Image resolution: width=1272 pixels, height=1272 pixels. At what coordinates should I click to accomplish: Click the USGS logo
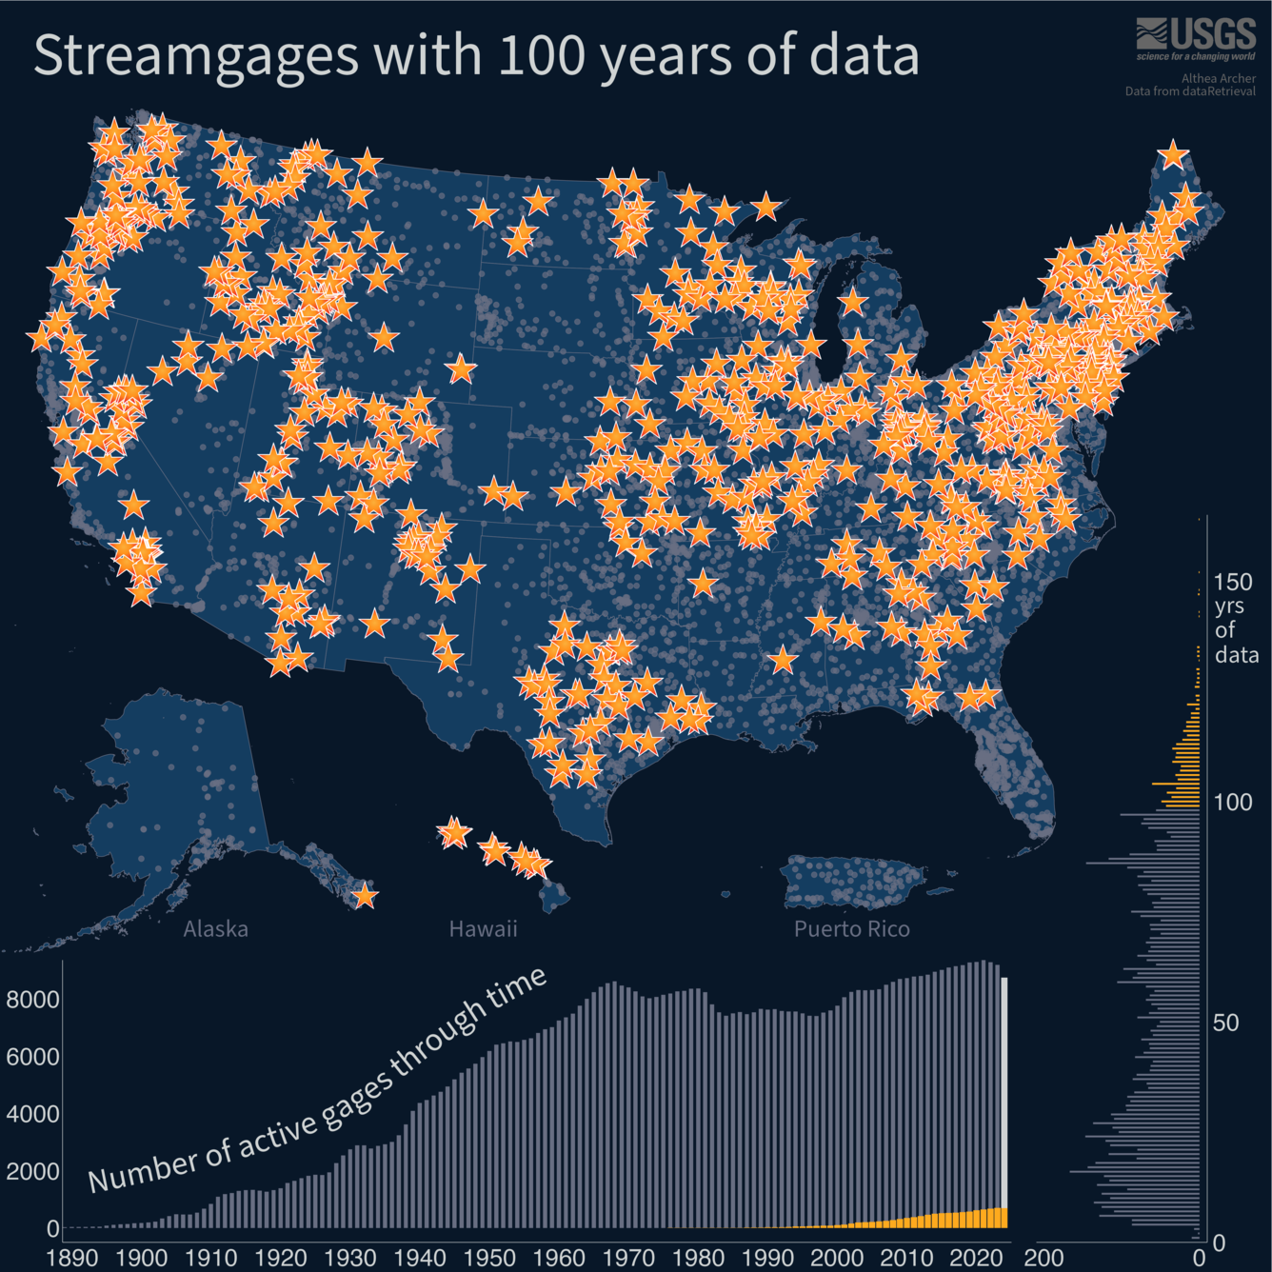[x=1196, y=38]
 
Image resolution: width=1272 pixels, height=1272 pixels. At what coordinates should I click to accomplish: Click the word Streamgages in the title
[x=196, y=55]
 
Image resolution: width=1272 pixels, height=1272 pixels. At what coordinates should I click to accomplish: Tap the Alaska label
[x=215, y=928]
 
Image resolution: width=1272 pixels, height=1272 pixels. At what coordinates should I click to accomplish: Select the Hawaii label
[x=483, y=928]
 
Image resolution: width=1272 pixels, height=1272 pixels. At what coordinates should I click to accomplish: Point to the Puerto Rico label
[x=851, y=928]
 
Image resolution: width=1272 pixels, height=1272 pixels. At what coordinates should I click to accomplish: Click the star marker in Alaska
[x=364, y=896]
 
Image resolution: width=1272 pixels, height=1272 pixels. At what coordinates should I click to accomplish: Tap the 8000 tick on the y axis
[x=33, y=1000]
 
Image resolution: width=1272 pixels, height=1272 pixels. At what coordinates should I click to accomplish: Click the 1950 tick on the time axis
[x=489, y=1257]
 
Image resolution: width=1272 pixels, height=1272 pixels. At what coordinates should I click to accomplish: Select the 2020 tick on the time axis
[x=977, y=1257]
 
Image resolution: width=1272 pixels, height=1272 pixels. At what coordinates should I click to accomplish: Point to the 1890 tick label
[x=72, y=1257]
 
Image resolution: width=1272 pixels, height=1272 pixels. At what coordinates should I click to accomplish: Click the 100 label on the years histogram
[x=1233, y=802]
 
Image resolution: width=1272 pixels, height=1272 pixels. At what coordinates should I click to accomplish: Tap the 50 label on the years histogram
[x=1225, y=1023]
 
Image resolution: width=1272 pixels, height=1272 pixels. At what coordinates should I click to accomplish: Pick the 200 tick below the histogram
[x=1043, y=1257]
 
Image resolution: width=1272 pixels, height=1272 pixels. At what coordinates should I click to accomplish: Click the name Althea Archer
[x=1219, y=79]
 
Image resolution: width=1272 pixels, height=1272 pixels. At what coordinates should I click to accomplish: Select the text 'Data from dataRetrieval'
[x=1190, y=91]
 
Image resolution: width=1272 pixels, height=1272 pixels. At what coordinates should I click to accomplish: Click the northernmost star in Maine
[x=1173, y=154]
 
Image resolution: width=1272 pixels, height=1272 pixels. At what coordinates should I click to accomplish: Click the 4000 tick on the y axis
[x=33, y=1114]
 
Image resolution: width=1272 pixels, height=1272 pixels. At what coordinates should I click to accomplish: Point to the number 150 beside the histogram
[x=1233, y=582]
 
